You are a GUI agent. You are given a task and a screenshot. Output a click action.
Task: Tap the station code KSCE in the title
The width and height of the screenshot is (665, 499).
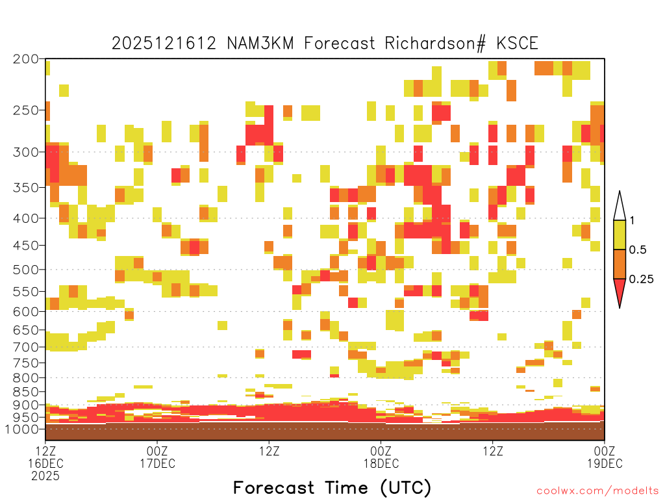pos(518,44)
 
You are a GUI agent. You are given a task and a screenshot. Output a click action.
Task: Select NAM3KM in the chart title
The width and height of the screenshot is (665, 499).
pos(260,44)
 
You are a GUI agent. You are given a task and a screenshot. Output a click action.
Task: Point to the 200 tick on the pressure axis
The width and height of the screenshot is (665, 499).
pos(26,59)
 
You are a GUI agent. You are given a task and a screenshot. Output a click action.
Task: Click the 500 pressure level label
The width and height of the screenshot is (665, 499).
pos(26,270)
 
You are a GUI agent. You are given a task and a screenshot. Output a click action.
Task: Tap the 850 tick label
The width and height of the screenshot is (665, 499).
pos(26,392)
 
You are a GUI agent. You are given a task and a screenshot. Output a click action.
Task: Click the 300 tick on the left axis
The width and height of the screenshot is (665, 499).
pos(26,152)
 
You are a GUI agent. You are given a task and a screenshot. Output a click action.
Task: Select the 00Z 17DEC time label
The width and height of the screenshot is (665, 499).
pos(157,457)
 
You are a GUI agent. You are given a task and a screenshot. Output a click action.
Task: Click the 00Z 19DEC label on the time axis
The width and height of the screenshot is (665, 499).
pos(605,457)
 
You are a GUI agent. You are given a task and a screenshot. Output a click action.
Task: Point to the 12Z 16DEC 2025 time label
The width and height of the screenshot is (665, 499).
pos(45,463)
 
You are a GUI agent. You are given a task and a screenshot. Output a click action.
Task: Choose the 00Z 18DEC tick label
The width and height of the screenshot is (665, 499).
pos(381,457)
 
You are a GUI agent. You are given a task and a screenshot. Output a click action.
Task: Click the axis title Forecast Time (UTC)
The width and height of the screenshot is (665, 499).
pos(332,487)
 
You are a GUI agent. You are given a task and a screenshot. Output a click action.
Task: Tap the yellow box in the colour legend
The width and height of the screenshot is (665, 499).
pos(620,235)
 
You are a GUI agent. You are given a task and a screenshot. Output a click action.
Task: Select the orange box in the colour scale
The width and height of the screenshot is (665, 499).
pos(620,264)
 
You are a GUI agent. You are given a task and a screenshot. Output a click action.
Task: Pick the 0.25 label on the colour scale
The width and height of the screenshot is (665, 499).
pos(641,279)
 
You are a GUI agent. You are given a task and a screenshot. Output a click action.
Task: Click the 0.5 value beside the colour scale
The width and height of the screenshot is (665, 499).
pos(638,249)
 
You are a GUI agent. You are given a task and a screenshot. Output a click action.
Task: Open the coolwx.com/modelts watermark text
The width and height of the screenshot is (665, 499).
pos(597,491)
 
